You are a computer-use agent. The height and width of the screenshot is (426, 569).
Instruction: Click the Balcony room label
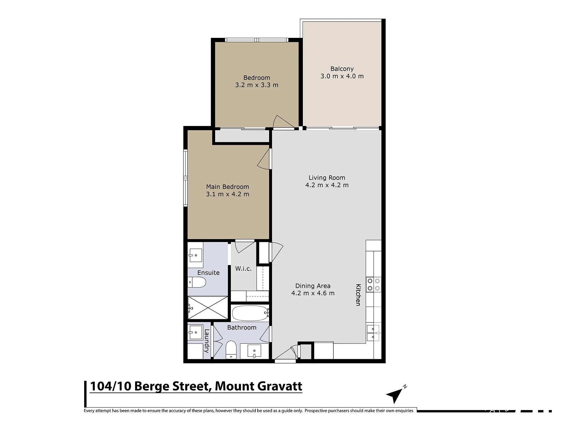[342, 69]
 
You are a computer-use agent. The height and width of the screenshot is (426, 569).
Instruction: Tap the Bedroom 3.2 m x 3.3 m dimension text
[257, 85]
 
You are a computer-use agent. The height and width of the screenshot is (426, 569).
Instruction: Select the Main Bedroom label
[228, 187]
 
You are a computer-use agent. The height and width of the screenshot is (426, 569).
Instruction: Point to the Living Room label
[327, 178]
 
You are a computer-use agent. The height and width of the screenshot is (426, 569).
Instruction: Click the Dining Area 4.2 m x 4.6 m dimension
[313, 293]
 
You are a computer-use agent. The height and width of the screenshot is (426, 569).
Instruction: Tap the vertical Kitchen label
[358, 295]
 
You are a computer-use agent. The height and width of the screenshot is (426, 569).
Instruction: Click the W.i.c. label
[243, 269]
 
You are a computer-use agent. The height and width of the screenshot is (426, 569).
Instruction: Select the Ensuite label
[208, 273]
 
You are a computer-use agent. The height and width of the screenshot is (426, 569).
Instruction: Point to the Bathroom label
[242, 327]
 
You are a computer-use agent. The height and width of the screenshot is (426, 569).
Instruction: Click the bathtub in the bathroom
[250, 313]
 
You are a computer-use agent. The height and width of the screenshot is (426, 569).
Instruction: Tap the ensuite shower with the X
[208, 308]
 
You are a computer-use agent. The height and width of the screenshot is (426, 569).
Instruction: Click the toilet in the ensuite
[197, 282]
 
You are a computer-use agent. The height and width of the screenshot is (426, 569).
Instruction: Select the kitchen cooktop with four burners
[374, 284]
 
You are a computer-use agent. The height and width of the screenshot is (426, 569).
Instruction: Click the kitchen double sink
[373, 333]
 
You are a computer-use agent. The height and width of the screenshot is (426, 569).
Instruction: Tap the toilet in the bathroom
[231, 350]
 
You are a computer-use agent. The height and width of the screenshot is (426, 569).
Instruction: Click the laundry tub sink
[195, 333]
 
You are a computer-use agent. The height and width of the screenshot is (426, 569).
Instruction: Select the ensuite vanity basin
[195, 255]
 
